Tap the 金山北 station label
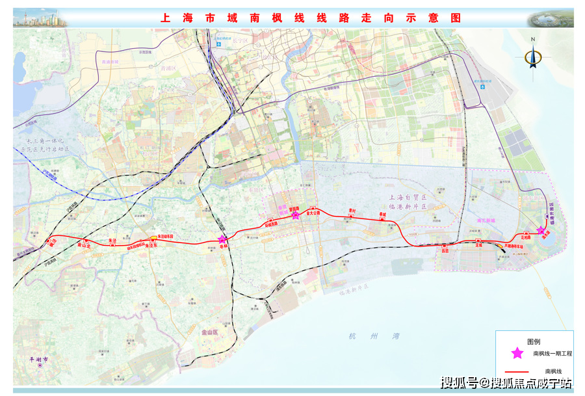tap(84, 246)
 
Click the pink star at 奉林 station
tap(223, 240)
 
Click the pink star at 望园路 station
tap(296, 215)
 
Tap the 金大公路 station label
tap(315, 212)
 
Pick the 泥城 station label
tap(479, 246)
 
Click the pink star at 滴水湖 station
tap(541, 230)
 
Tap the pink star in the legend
tap(517, 353)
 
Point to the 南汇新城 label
tap(487, 220)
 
